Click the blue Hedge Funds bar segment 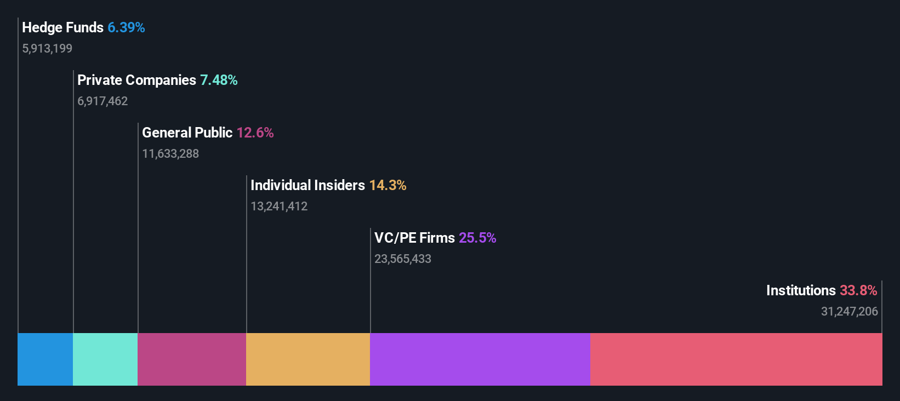(x=45, y=359)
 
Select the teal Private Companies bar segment (x=105, y=359)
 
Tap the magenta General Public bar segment (x=192, y=359)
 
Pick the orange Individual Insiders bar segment (x=308, y=359)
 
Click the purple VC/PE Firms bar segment (x=480, y=359)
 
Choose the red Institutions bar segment (x=736, y=359)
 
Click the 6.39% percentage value (x=126, y=27)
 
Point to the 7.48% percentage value (x=219, y=80)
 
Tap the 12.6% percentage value (x=255, y=133)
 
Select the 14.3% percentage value (x=388, y=185)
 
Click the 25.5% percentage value (x=477, y=238)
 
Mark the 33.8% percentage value (x=858, y=290)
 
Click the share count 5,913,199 (x=47, y=49)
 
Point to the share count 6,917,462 (x=102, y=101)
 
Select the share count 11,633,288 (x=170, y=154)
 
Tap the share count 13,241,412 (x=279, y=207)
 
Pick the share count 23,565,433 (x=403, y=259)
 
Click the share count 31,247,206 (x=849, y=312)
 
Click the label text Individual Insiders (x=307, y=185)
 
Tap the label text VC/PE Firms (x=414, y=238)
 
